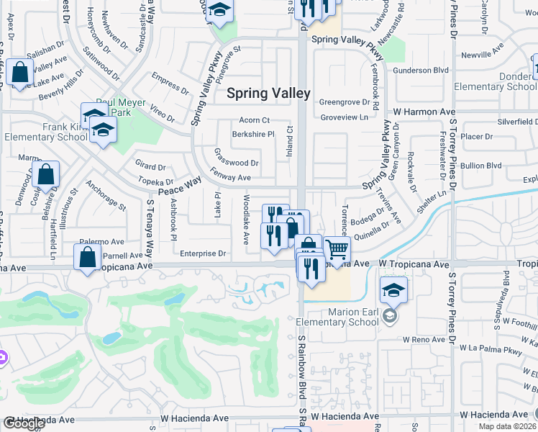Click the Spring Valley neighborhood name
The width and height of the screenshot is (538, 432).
point(268,93)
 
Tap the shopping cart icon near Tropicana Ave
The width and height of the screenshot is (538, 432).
point(336,251)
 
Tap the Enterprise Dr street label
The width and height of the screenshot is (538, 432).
point(203,253)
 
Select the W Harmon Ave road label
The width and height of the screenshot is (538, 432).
point(424,112)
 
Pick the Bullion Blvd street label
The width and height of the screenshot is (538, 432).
point(481,166)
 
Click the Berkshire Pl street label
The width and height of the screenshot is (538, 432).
point(253,134)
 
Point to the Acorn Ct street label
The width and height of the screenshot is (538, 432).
point(255,120)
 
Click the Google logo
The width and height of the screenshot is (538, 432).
point(24,423)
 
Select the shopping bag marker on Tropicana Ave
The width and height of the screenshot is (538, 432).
point(87,258)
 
